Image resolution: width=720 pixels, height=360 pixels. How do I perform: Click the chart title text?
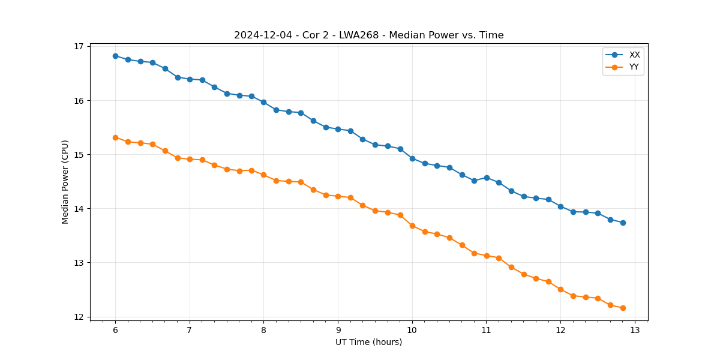coord(368,35)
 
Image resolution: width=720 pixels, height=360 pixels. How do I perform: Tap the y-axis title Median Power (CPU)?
coord(65,182)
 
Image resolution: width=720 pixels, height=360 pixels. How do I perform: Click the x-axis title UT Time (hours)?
coord(368,342)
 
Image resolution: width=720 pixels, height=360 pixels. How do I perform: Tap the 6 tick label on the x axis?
coord(115,331)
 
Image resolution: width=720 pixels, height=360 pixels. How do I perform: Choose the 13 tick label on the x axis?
coord(635,331)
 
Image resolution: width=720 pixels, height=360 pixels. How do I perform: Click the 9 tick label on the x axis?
coord(338,331)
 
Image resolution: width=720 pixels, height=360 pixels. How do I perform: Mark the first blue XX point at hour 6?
coord(115,56)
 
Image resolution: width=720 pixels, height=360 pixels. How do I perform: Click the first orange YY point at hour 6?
coord(115,137)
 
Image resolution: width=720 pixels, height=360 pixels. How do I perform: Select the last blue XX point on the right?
coord(623,223)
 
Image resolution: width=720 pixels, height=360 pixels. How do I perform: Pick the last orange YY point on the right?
coord(623,308)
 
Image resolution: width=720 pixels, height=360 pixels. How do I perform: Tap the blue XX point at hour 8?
coord(263,102)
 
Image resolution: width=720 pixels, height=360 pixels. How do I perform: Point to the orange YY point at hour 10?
coord(412,226)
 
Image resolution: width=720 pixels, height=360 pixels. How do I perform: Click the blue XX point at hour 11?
coord(487,178)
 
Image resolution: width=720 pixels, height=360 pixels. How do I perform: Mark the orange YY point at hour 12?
coord(560,289)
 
